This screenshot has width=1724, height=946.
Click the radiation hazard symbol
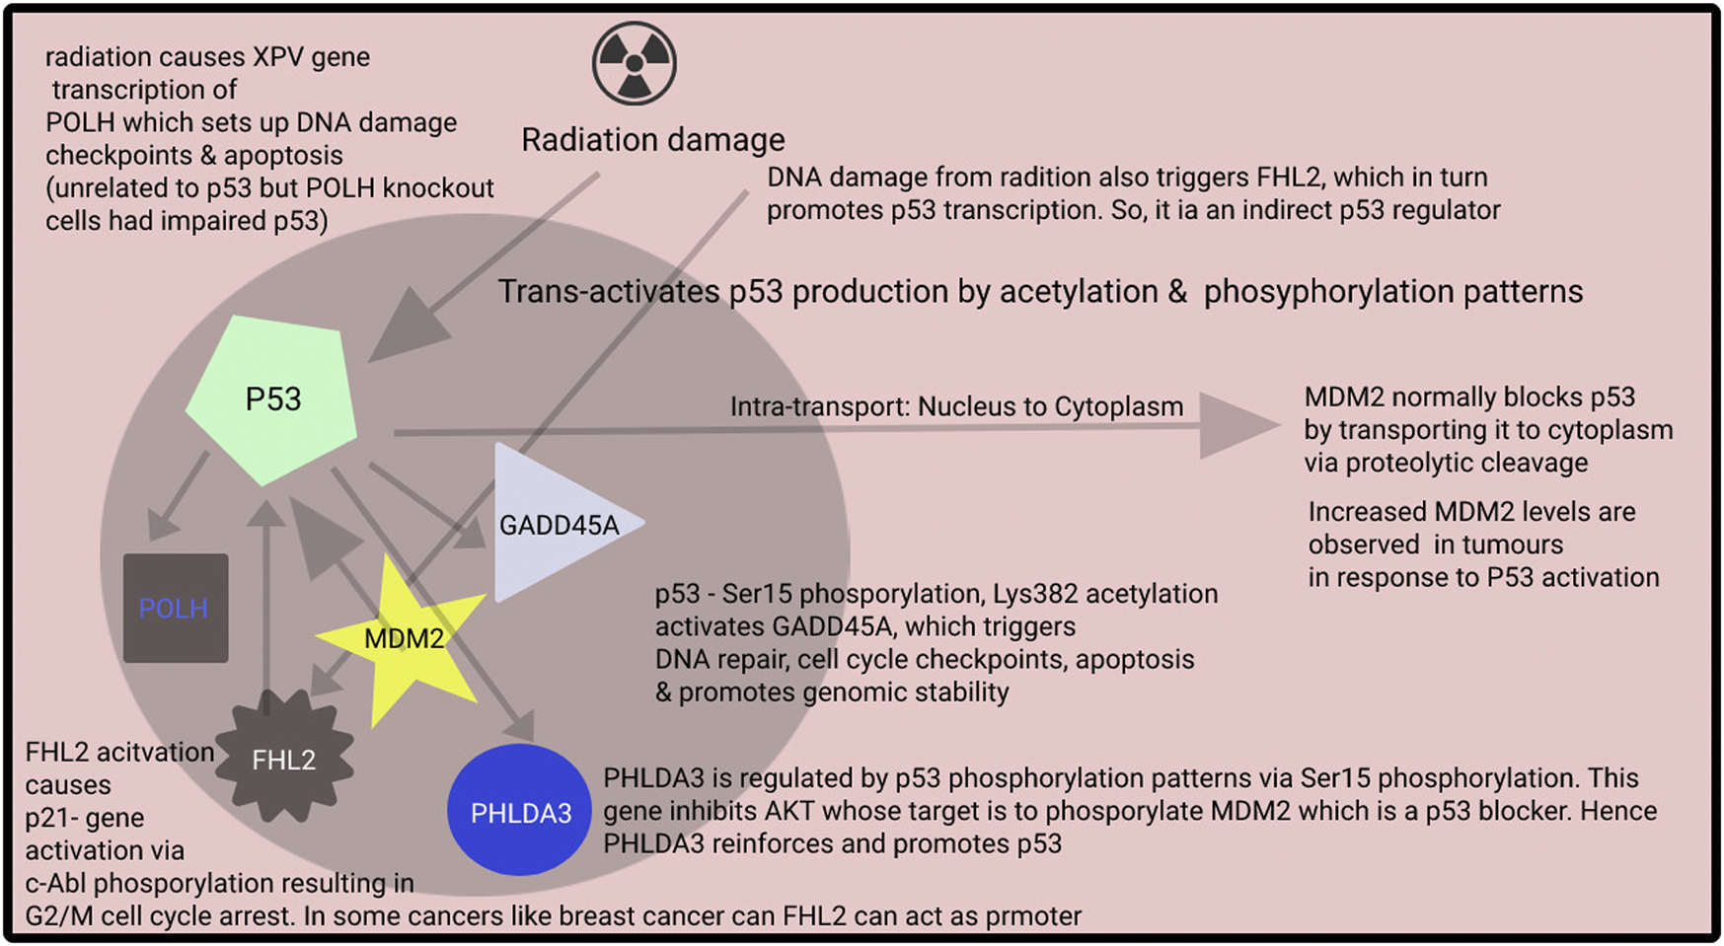coord(635,63)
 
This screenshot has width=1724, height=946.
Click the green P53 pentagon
coord(272,400)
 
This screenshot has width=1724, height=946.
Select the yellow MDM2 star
coord(403,639)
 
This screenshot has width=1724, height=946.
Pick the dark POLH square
coord(175,608)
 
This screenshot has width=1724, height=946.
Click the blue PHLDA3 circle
coord(520,812)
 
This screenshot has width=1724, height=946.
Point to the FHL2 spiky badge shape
coord(283,759)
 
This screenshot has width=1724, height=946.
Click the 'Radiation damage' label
coord(652,140)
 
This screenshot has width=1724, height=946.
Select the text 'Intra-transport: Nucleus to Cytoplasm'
coord(955,406)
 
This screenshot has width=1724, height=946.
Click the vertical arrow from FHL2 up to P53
coord(265,602)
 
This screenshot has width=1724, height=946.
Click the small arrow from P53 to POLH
coord(182,496)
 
